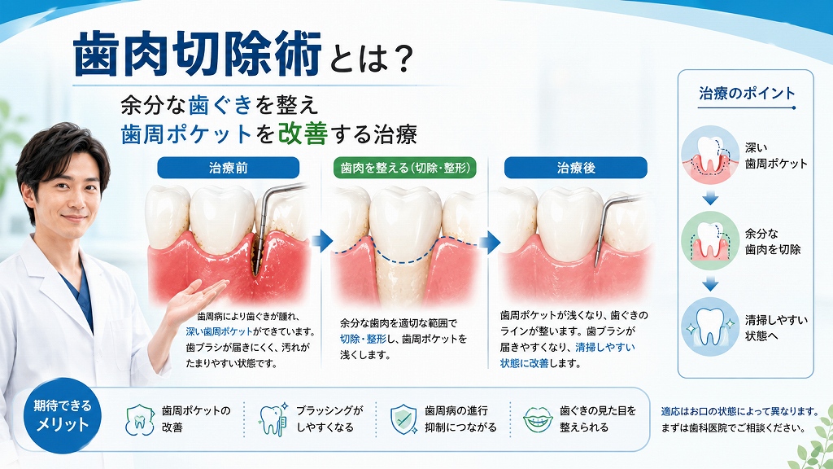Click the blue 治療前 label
229,168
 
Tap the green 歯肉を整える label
405,168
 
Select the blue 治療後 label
576,168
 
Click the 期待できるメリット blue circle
63,415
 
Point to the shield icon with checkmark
403,419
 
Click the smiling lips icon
538,420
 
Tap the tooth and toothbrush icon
273,419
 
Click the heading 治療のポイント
747,94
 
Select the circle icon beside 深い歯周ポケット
710,155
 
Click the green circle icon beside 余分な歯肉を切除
710,240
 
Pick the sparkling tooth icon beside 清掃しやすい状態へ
710,327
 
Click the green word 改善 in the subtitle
303,134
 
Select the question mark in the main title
400,59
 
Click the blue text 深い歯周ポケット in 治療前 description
220,331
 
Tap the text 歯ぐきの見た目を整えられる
598,419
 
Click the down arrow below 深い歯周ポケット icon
710,199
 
